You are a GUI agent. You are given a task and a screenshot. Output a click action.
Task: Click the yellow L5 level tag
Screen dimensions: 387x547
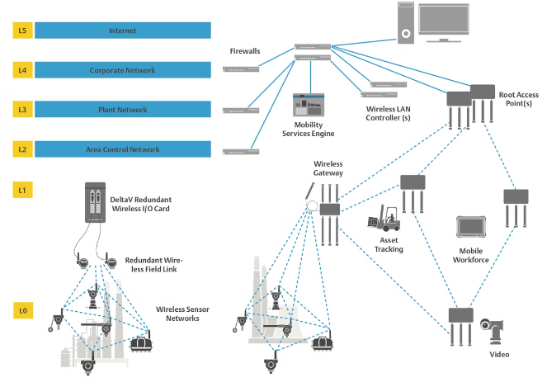[x=23, y=31]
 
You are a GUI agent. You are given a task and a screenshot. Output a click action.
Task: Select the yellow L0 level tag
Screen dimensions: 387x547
[x=23, y=311]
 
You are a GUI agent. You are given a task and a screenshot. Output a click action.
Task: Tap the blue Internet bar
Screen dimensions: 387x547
[x=122, y=31]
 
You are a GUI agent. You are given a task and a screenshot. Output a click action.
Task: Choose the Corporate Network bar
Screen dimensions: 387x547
[x=122, y=71]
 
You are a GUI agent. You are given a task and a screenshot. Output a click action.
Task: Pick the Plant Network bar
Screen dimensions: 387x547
[x=122, y=110]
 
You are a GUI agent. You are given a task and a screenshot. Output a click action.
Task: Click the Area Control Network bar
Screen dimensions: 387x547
[x=122, y=149]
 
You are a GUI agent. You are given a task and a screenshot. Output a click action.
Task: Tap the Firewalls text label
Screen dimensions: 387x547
[x=245, y=51]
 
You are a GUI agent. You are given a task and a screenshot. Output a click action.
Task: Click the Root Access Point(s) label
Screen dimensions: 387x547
[x=519, y=100]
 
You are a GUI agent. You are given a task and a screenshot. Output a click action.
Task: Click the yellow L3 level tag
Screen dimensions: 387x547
[x=23, y=110]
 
